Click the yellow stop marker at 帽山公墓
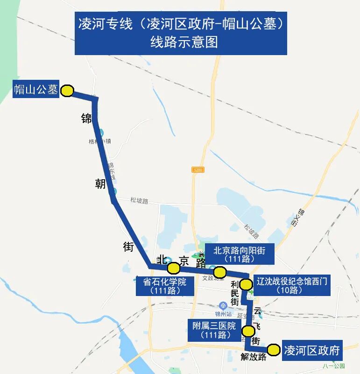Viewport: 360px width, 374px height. coord(67,91)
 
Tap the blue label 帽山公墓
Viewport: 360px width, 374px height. coord(36,89)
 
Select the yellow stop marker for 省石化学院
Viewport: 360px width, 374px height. coord(174,268)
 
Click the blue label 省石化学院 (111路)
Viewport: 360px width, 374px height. coord(165,286)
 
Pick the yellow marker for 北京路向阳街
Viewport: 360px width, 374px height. coord(219,272)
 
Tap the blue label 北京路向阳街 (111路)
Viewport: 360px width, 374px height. coord(239,254)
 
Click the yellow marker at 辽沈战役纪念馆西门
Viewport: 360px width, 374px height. coord(246,283)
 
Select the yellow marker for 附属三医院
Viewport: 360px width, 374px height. coord(248,331)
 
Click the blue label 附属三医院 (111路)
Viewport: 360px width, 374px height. coord(213,330)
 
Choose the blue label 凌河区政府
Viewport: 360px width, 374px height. coord(312,350)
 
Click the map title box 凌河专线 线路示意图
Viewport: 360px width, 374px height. coord(181,33)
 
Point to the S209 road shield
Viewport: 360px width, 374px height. coord(198,170)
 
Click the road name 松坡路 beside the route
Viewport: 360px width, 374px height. coord(139,201)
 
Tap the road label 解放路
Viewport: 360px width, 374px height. coord(254,357)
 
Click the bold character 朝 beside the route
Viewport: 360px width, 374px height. coord(100,184)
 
